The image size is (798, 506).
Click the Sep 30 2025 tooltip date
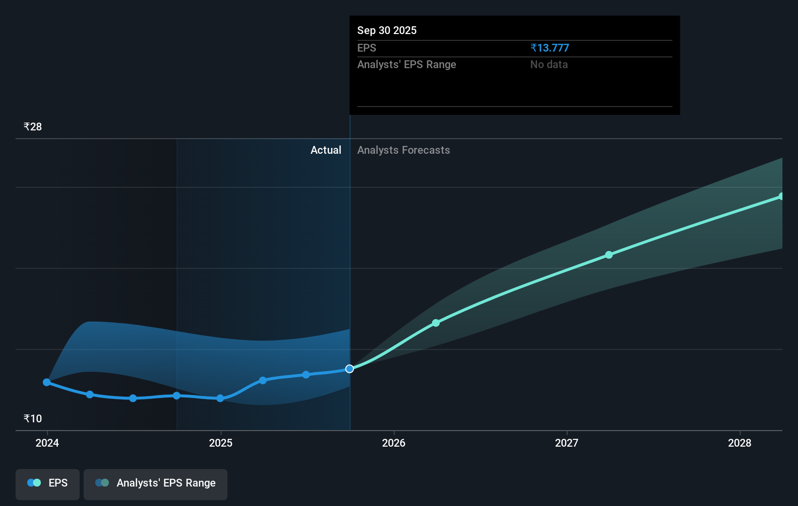[x=387, y=30]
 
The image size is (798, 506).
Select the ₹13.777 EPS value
[x=550, y=48]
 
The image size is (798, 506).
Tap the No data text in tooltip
[x=549, y=64]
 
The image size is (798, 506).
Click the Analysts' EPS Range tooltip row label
[x=406, y=64]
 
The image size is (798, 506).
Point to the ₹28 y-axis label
[x=33, y=126]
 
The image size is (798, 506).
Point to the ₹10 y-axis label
[x=33, y=418]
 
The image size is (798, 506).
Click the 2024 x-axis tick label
[x=47, y=443]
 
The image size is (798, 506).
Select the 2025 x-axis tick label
[x=221, y=443]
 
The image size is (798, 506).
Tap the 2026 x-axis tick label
[x=394, y=443]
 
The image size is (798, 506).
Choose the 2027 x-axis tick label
[x=567, y=443]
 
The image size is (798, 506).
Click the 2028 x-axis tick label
[x=740, y=443]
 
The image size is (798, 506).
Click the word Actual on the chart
[x=326, y=150]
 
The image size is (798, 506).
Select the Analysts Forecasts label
[x=403, y=150]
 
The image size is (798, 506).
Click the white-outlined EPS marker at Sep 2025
[x=349, y=369]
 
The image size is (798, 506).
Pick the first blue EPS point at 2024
[x=47, y=382]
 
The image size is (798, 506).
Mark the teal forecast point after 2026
[x=436, y=323]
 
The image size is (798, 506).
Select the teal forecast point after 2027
[x=609, y=255]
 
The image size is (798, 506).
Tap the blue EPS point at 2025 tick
[x=220, y=398]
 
